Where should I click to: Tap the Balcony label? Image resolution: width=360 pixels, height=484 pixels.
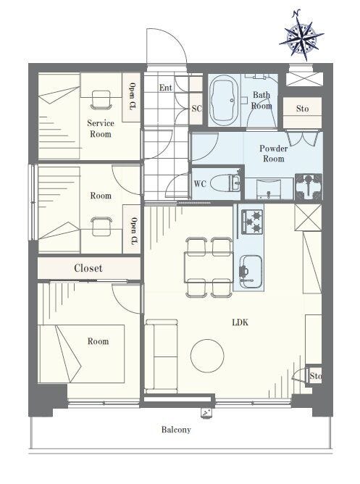tap(176, 430)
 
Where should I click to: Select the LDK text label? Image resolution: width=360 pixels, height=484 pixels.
tap(240, 322)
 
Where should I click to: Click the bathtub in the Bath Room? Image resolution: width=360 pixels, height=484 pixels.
tap(224, 101)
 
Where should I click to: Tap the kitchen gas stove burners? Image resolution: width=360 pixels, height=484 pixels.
tap(252, 221)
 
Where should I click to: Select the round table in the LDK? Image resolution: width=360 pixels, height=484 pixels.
tap(207, 356)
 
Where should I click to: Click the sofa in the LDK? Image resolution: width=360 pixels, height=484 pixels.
tap(161, 356)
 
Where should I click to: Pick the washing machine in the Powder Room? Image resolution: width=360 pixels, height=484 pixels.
tap(309, 186)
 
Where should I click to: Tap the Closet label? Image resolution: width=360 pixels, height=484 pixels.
tap(88, 268)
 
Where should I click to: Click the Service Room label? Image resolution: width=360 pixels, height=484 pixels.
tap(101, 128)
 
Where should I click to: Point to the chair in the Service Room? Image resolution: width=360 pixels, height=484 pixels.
tap(101, 100)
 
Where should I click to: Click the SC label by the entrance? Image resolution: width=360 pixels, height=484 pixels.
tap(197, 109)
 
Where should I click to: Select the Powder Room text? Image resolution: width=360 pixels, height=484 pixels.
tap(274, 154)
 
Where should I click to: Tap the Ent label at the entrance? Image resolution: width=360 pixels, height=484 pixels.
tap(165, 88)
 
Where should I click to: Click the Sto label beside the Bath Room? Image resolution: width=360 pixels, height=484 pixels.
tap(302, 109)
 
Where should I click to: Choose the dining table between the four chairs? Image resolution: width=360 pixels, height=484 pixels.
tap(209, 267)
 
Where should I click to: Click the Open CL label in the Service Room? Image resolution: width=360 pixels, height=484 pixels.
tap(132, 96)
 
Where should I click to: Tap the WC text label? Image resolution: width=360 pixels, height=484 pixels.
tap(200, 183)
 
